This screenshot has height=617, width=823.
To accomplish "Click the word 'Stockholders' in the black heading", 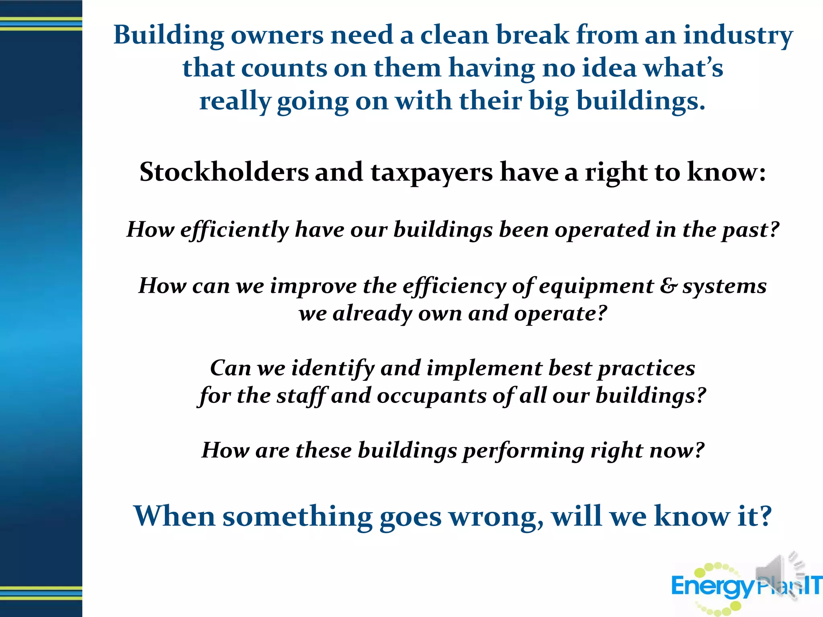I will (x=224, y=172).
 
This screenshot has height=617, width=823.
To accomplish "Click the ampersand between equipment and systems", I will (x=668, y=286).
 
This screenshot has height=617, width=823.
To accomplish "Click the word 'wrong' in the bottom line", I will (x=495, y=517).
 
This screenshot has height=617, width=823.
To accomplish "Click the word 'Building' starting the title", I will (x=168, y=35).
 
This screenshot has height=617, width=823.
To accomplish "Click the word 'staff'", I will (x=302, y=396).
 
